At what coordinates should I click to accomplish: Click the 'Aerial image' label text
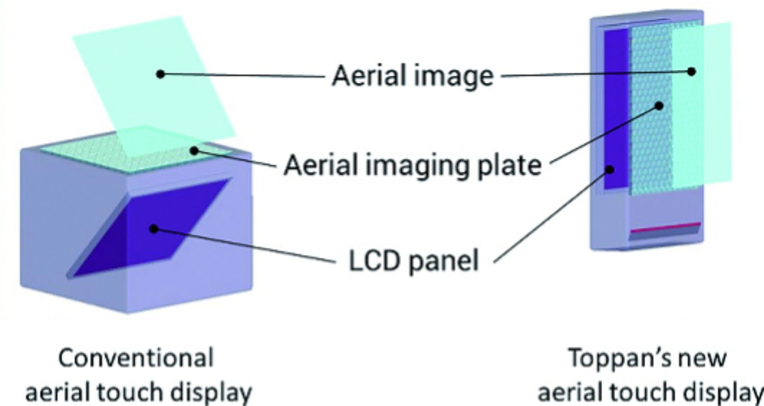412,76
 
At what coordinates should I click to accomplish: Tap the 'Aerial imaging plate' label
412,165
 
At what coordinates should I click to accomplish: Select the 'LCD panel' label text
413,261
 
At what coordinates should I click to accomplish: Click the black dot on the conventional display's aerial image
160,74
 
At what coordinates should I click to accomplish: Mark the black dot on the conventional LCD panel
153,228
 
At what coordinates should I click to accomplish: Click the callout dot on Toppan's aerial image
691,71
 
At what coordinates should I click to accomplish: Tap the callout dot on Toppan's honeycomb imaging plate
660,106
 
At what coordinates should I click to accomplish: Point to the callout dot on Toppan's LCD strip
611,169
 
